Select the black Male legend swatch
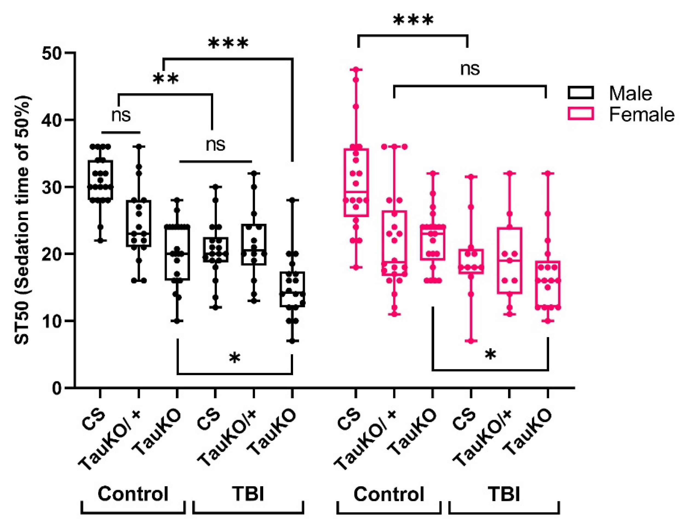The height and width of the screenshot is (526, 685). point(581,93)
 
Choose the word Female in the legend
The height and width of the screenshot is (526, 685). point(641,115)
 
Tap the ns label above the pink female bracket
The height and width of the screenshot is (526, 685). point(470,69)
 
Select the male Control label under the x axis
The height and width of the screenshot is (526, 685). point(133,494)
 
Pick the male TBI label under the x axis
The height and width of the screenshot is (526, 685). point(248,494)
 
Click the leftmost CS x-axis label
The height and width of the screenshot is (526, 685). point(94,420)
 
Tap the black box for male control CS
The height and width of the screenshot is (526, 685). point(100,180)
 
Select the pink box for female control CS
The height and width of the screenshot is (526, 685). point(356,183)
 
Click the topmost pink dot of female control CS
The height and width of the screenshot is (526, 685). point(356,70)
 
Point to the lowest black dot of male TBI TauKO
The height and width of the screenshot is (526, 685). point(292,341)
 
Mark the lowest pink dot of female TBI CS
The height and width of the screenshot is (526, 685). point(471,341)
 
